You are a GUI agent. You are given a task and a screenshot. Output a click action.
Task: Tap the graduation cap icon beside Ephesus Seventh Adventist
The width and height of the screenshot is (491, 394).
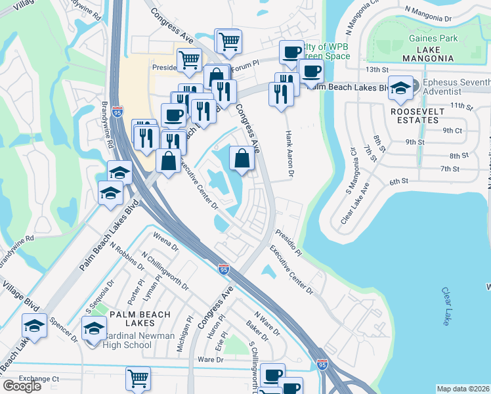click(x=400, y=87)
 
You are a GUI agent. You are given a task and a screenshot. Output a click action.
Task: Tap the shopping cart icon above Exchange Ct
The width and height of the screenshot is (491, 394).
click(x=138, y=378)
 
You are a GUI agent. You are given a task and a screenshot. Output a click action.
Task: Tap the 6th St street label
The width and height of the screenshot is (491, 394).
click(x=398, y=181)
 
